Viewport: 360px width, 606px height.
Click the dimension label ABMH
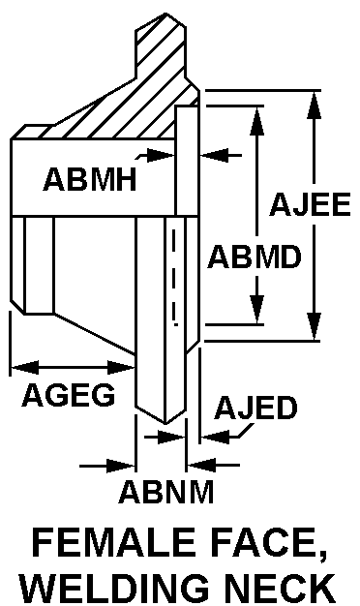pyautogui.click(x=90, y=179)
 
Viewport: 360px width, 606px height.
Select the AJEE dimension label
pyautogui.click(x=311, y=203)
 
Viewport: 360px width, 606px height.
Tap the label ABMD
pyautogui.click(x=255, y=257)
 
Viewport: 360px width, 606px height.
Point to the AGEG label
pyautogui.click(x=69, y=395)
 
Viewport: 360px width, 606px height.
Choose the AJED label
pyautogui.click(x=256, y=408)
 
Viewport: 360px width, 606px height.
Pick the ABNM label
pyautogui.click(x=166, y=491)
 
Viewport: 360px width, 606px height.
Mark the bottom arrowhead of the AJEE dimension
pyautogui.click(x=315, y=327)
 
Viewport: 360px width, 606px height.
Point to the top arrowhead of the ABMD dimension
pyautogui.click(x=256, y=120)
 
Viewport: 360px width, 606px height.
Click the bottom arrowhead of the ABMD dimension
pyautogui.click(x=256, y=310)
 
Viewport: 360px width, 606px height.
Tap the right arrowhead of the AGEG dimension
pyautogui.click(x=121, y=367)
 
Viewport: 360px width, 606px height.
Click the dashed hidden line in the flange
pyautogui.click(x=174, y=276)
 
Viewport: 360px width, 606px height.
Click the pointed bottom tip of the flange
pyautogui.click(x=165, y=423)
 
